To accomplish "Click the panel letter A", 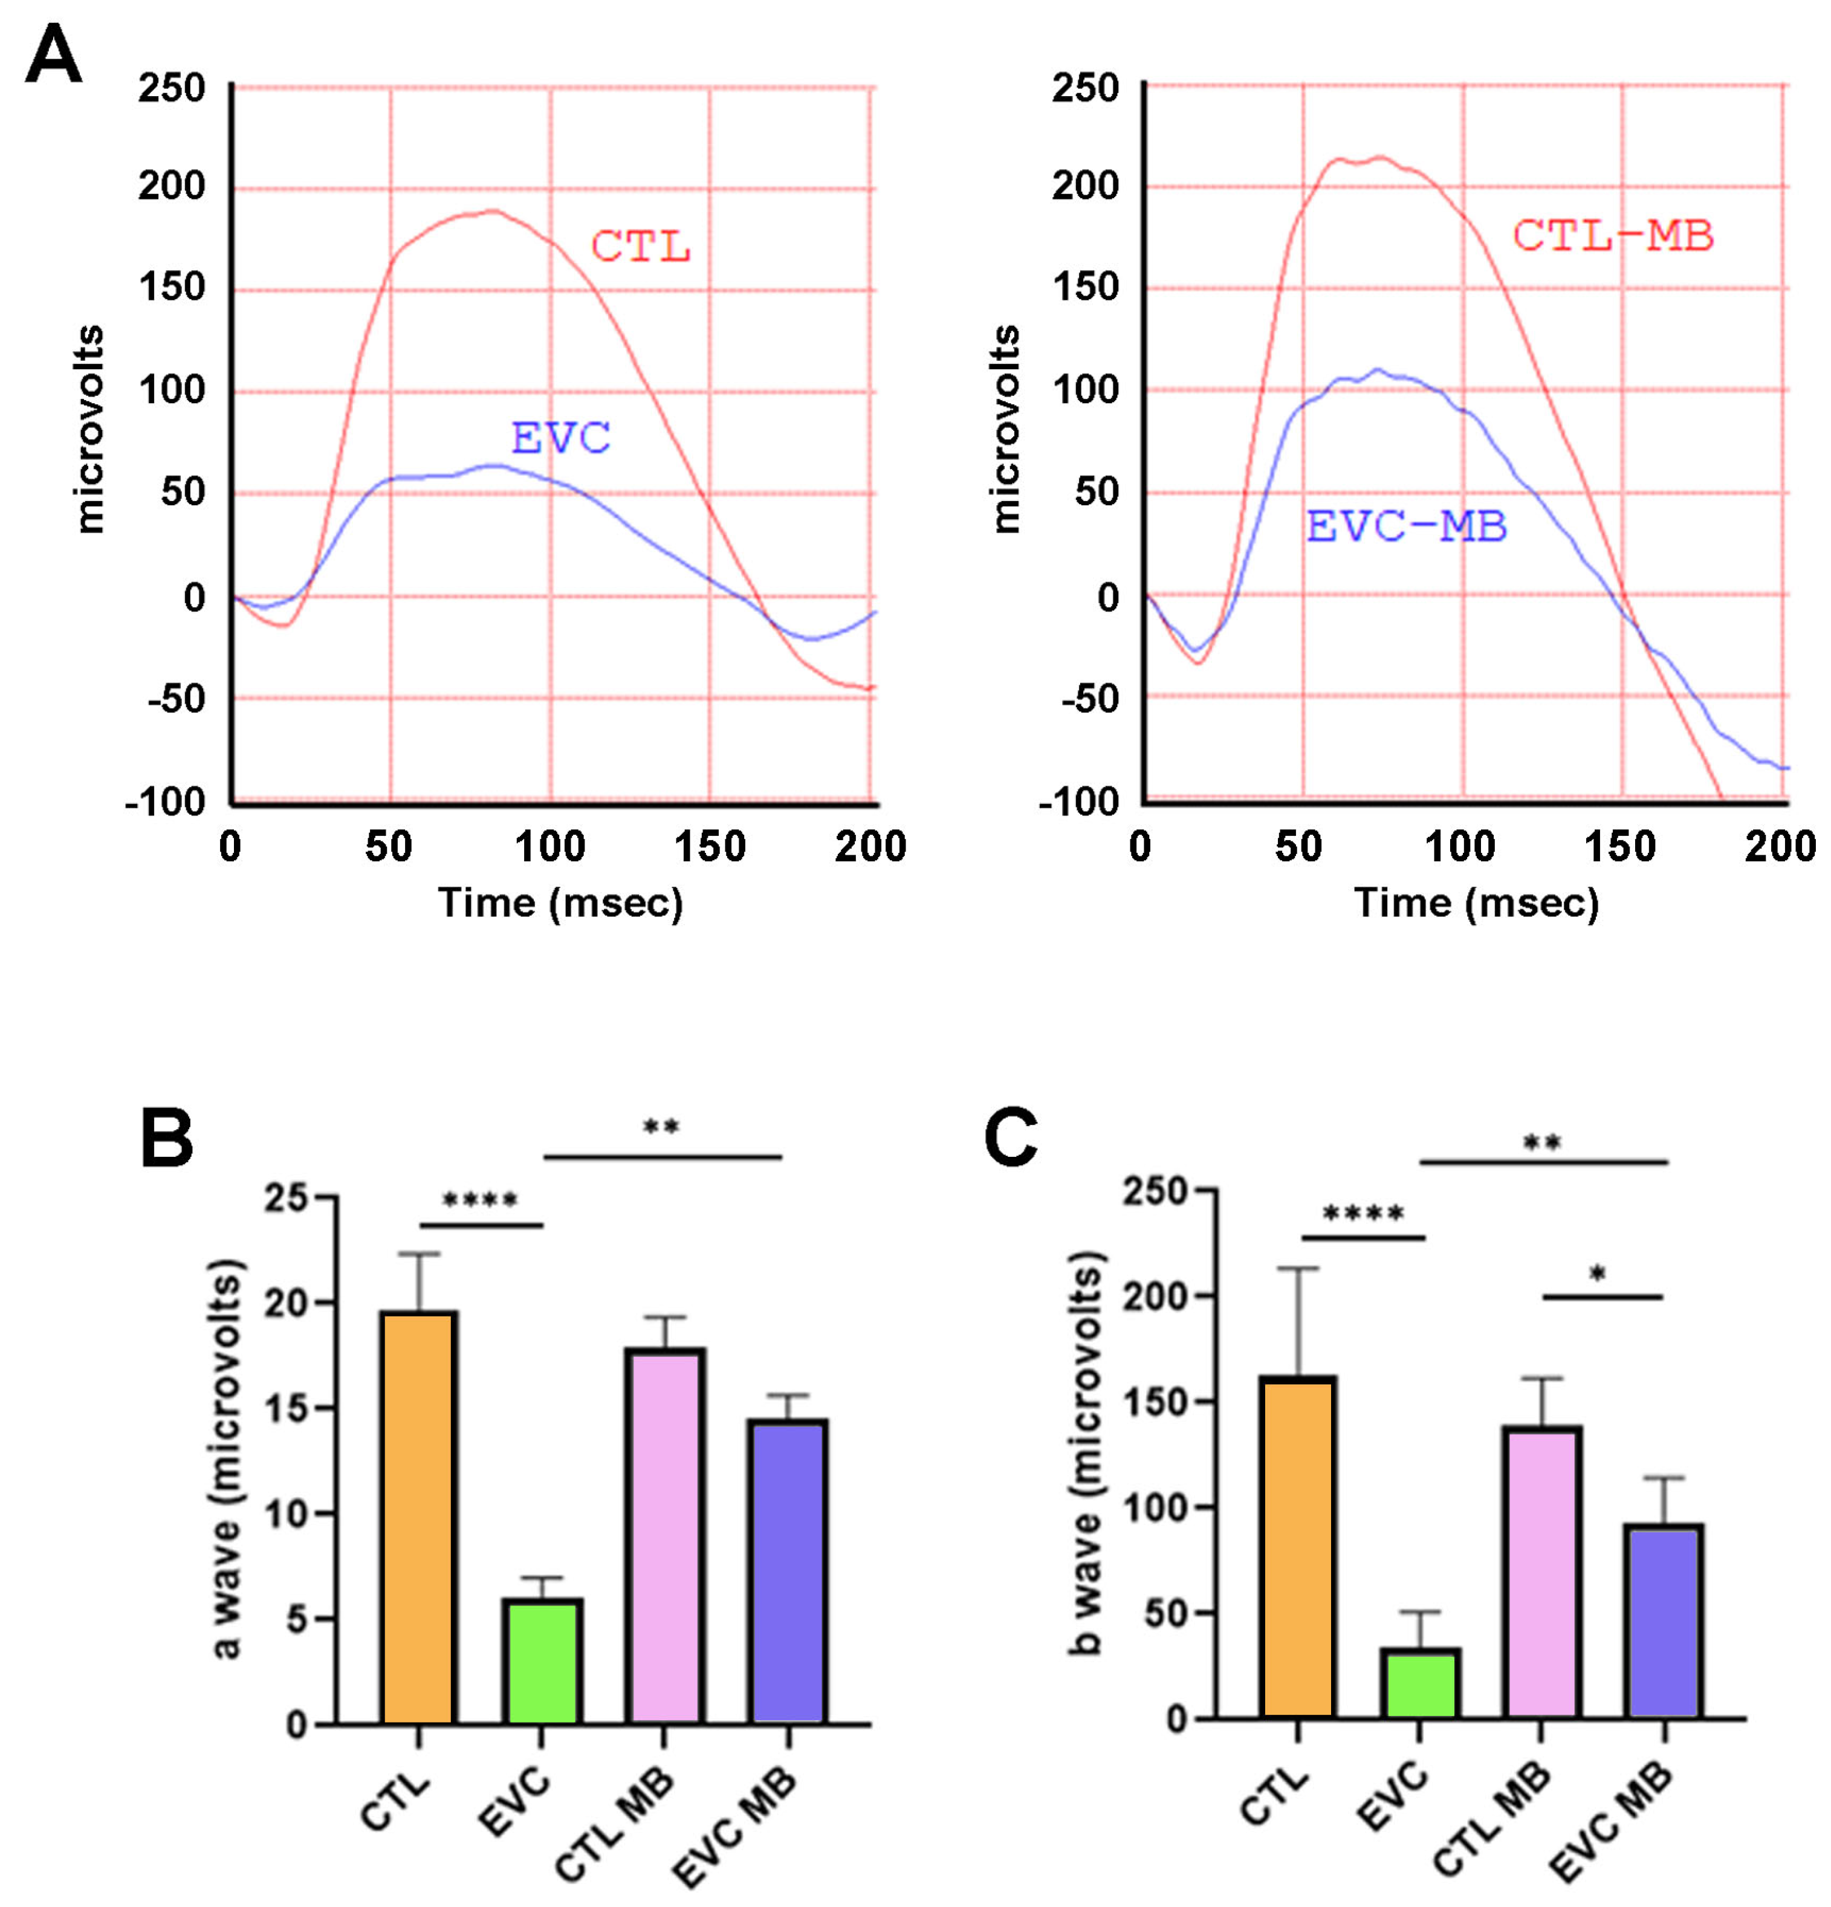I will pyautogui.click(x=54, y=56).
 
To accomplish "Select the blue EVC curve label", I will pyautogui.click(x=560, y=439).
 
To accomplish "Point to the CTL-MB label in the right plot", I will pyautogui.click(x=1612, y=236).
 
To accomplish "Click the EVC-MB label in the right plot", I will pyautogui.click(x=1406, y=526).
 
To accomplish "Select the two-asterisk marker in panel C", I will pyautogui.click(x=1542, y=1143).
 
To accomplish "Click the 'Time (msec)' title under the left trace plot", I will pyautogui.click(x=560, y=903).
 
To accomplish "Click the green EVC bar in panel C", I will pyautogui.click(x=1419, y=1683).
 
